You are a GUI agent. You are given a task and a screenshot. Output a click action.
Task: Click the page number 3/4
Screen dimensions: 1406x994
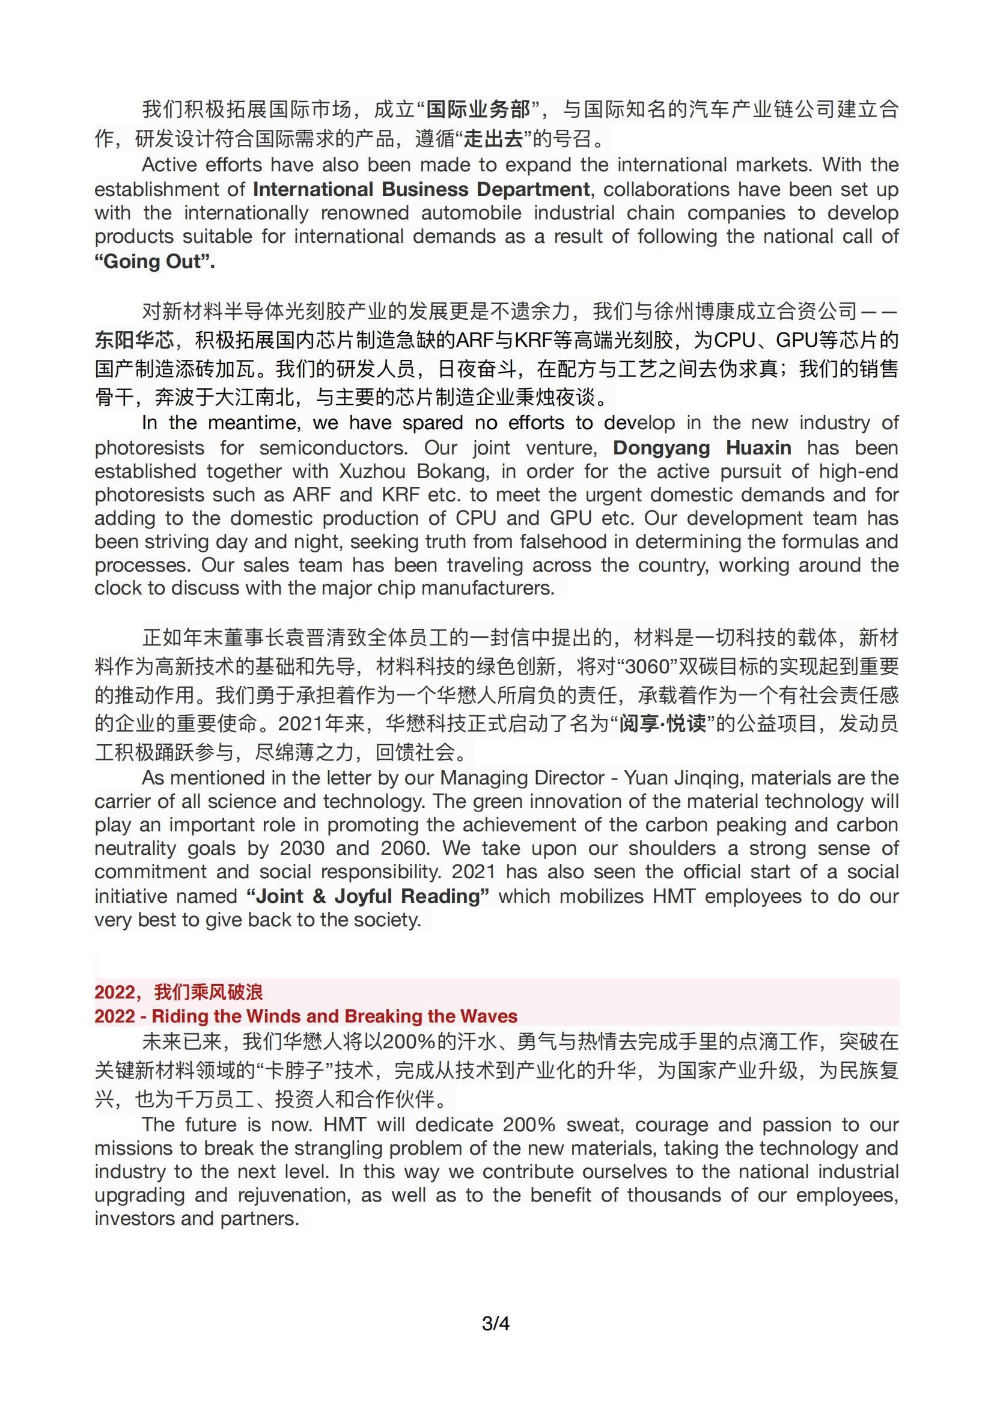point(496,1324)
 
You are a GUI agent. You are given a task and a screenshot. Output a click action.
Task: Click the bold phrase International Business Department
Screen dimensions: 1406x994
point(421,189)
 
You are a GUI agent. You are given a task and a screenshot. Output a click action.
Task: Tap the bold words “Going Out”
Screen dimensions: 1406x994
point(155,261)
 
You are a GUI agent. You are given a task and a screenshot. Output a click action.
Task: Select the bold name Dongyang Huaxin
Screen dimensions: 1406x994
point(702,448)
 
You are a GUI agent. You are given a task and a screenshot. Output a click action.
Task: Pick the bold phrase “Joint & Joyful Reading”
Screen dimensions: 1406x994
point(368,896)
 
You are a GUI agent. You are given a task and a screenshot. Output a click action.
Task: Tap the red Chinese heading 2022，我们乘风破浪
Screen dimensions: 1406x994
point(178,991)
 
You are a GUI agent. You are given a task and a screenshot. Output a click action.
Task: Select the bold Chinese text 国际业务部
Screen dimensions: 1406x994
point(478,110)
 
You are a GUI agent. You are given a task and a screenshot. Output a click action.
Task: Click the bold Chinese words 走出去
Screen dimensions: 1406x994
point(494,139)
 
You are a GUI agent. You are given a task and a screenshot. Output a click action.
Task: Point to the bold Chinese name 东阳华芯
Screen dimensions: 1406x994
point(134,340)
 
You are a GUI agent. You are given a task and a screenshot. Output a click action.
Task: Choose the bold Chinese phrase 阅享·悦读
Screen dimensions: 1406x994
point(663,724)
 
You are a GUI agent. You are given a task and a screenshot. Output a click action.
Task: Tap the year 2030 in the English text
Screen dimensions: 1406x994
point(302,849)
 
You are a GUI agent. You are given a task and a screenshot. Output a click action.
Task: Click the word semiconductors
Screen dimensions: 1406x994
point(333,448)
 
